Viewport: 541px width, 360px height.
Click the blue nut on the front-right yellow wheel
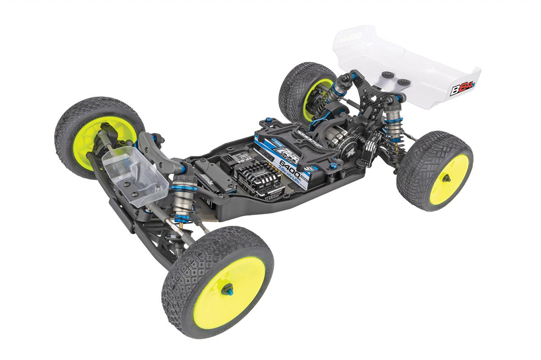click(227, 288)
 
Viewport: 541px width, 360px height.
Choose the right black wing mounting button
click(403, 81)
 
